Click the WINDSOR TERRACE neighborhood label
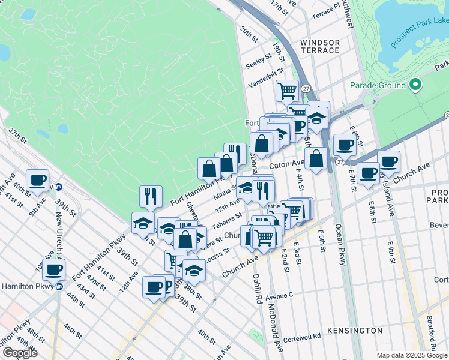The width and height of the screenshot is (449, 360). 320,46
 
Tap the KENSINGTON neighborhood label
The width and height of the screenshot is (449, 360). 355,331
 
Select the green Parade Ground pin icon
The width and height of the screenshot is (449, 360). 415,85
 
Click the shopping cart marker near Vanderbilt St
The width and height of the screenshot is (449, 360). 287,91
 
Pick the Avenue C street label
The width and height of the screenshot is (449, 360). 279,296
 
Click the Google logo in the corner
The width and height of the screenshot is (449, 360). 20,353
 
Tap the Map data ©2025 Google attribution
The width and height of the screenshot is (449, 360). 411,355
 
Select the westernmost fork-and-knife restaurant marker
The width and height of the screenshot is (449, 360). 151,196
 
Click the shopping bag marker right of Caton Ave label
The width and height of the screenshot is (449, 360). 316,158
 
